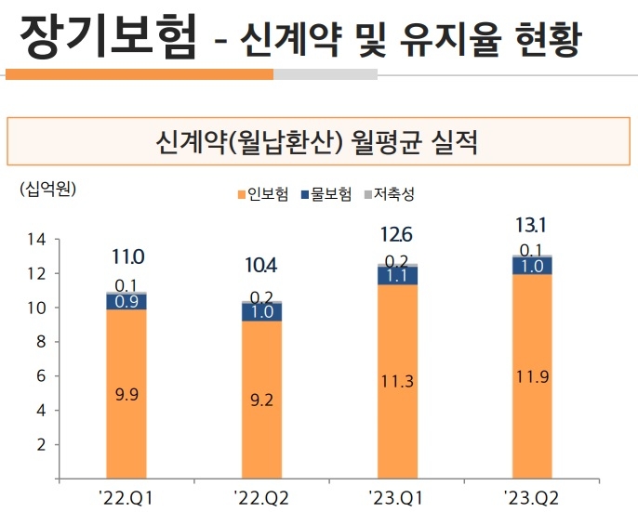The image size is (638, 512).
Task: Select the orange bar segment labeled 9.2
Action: click(261, 400)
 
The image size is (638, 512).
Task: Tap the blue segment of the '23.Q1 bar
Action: click(397, 275)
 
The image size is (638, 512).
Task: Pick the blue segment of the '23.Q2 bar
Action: click(533, 266)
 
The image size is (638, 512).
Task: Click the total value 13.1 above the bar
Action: click(533, 225)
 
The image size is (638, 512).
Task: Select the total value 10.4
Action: click(261, 267)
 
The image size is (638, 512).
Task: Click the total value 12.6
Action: click(397, 233)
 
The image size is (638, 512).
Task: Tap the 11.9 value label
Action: click(533, 376)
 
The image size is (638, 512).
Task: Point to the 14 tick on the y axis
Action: click(37, 239)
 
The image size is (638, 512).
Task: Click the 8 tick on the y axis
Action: click(42, 342)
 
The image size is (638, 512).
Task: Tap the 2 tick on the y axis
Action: click(42, 445)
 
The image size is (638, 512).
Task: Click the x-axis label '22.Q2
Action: click(261, 497)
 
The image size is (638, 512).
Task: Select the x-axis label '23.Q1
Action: click(397, 497)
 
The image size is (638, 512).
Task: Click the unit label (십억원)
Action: click(47, 190)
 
